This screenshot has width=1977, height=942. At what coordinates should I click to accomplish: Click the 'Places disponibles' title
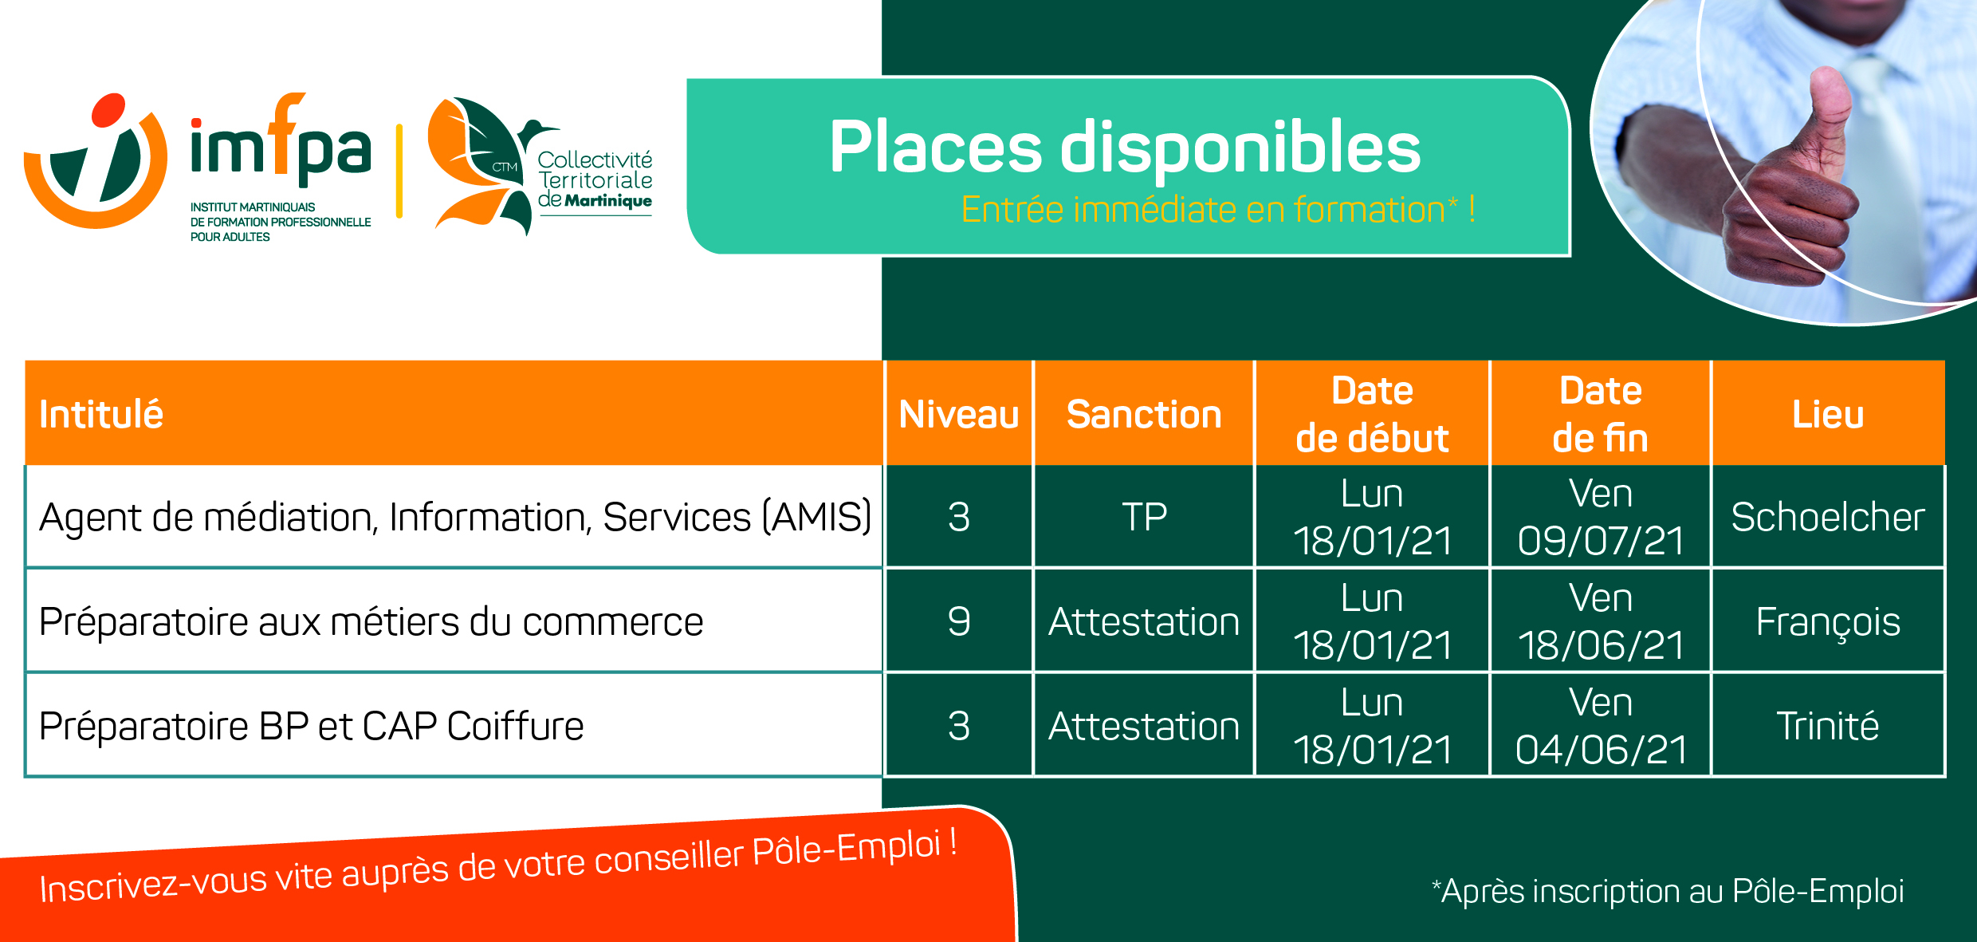1125,148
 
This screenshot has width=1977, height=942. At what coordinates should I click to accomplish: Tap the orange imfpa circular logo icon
96,160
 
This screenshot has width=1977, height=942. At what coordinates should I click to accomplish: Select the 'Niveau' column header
959,415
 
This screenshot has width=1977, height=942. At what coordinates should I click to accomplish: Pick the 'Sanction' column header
1144,415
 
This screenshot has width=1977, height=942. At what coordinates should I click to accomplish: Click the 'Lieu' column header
1828,415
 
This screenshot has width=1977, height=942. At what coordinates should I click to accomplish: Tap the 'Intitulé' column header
101,415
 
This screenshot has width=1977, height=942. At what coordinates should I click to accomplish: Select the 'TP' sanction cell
1144,517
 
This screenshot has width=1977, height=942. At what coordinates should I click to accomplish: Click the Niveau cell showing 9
959,621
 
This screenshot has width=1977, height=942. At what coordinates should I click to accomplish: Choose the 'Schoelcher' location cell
1828,517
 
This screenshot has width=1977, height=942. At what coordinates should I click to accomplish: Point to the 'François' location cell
1828,621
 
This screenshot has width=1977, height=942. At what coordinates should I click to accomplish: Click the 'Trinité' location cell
1828,726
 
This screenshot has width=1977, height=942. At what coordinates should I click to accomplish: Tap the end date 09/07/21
1601,540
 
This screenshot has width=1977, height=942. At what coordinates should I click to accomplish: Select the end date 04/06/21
1601,749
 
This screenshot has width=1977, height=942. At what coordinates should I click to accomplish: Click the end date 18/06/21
1601,644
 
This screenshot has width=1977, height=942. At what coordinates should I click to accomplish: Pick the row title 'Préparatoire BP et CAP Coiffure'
311,726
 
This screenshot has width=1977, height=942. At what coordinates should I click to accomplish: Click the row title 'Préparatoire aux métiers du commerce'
371,621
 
